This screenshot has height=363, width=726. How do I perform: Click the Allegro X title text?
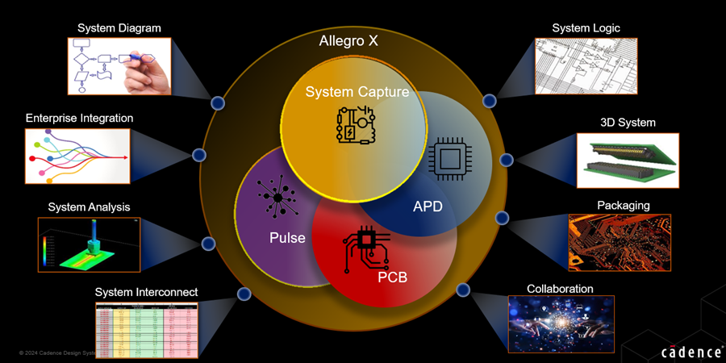pos(349,40)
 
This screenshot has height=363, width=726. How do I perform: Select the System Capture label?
pos(357,92)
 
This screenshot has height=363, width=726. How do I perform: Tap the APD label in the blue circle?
pos(428,206)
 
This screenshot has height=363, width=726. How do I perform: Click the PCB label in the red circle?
pos(392,277)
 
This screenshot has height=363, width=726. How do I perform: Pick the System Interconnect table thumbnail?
pos(146,329)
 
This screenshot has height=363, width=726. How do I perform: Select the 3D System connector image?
pos(628,161)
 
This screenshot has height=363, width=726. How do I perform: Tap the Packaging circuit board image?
pos(620,242)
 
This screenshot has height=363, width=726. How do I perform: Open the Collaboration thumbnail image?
pos(560,324)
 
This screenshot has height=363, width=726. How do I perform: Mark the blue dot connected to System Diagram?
pos(217,103)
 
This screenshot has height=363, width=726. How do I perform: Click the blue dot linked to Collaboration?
pos(463,290)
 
